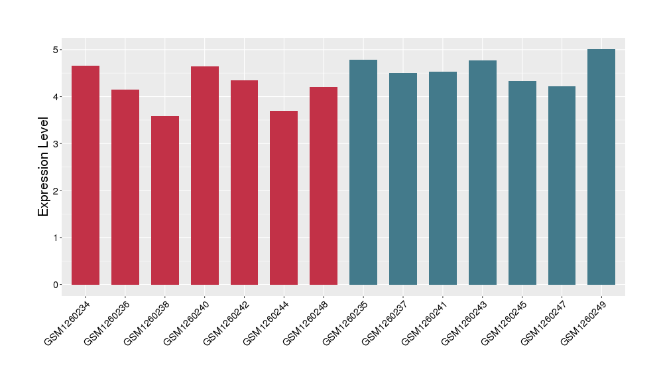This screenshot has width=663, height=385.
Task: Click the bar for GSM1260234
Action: click(x=86, y=175)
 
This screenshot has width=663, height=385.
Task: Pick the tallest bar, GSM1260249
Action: click(x=601, y=167)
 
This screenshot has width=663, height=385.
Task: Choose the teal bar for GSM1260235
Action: click(x=363, y=173)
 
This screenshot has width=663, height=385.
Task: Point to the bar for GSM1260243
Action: click(x=482, y=173)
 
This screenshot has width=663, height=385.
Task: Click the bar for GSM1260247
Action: click(x=562, y=186)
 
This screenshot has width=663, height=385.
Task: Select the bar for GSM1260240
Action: click(x=205, y=176)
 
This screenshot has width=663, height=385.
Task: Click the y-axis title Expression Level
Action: click(x=44, y=167)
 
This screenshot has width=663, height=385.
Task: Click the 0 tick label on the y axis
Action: click(x=56, y=285)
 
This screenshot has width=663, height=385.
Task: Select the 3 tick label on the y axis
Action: click(x=56, y=144)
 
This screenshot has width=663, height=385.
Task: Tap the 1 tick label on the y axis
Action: click(x=56, y=238)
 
